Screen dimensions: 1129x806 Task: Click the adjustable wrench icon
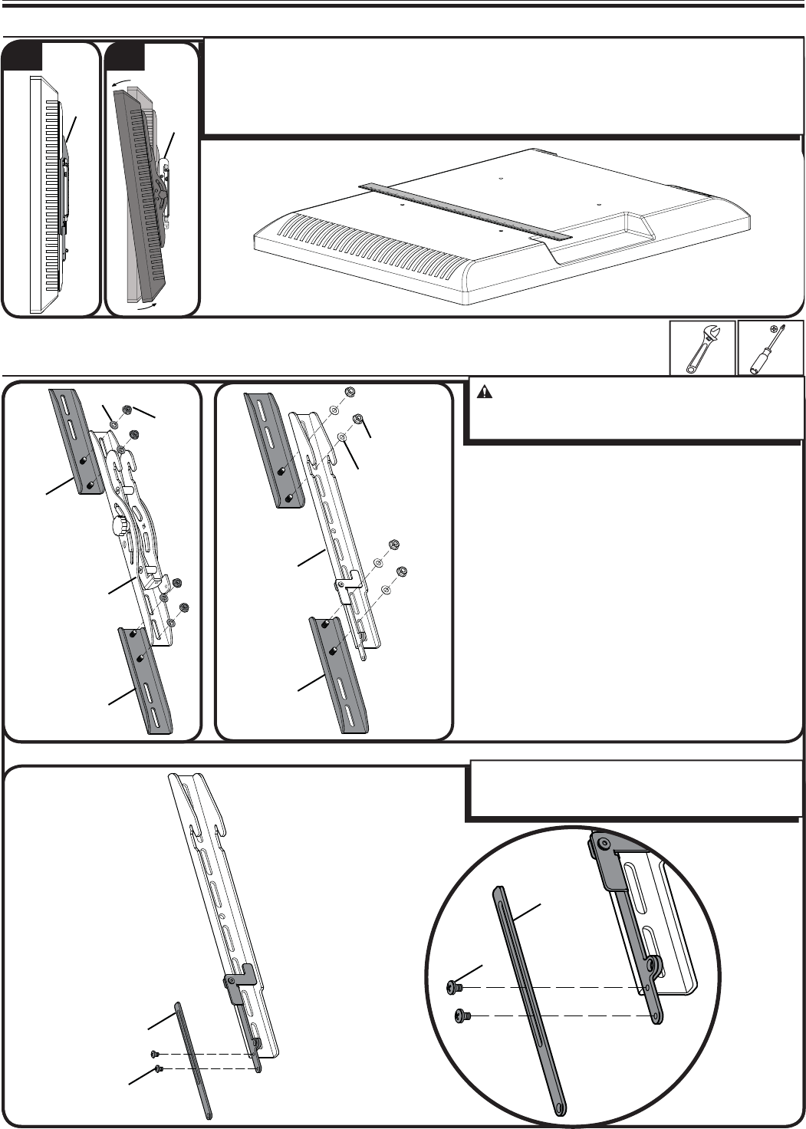(x=702, y=348)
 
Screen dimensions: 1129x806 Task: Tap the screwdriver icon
(x=770, y=348)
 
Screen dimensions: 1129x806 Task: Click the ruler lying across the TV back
(x=466, y=211)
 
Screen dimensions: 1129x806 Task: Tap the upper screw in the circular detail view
(x=454, y=987)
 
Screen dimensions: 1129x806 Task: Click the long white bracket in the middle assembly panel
(x=337, y=522)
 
